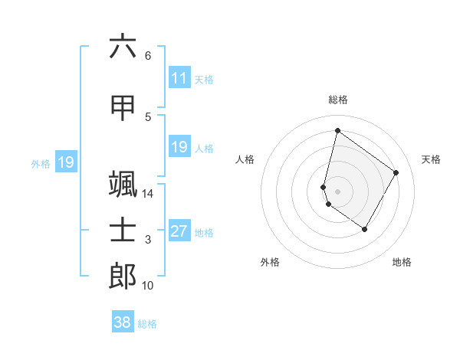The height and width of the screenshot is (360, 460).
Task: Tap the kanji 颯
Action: [x=123, y=184]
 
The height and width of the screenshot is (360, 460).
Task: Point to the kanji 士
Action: [x=123, y=230]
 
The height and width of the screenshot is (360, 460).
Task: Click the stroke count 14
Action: [x=148, y=193]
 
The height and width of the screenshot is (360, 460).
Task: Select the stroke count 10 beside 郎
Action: [x=148, y=286]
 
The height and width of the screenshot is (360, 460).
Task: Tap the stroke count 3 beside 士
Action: [x=148, y=240]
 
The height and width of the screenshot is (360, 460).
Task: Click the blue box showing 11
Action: [x=179, y=78]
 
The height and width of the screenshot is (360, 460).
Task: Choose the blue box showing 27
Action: [x=179, y=231]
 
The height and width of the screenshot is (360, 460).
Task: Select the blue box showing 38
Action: [x=122, y=322]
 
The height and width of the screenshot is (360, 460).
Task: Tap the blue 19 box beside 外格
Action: [x=65, y=162]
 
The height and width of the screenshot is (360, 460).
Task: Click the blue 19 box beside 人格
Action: [x=179, y=147]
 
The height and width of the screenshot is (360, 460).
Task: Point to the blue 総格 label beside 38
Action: [x=147, y=324]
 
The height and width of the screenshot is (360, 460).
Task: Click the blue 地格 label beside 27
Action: [x=204, y=233]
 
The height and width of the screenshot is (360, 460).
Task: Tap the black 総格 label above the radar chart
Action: [x=338, y=100]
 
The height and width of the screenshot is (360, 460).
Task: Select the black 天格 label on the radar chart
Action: [x=431, y=159]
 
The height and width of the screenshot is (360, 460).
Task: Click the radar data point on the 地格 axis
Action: [x=365, y=229]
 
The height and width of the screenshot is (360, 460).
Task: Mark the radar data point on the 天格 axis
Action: [x=396, y=172]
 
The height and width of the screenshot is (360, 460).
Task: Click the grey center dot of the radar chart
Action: [x=338, y=191]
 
